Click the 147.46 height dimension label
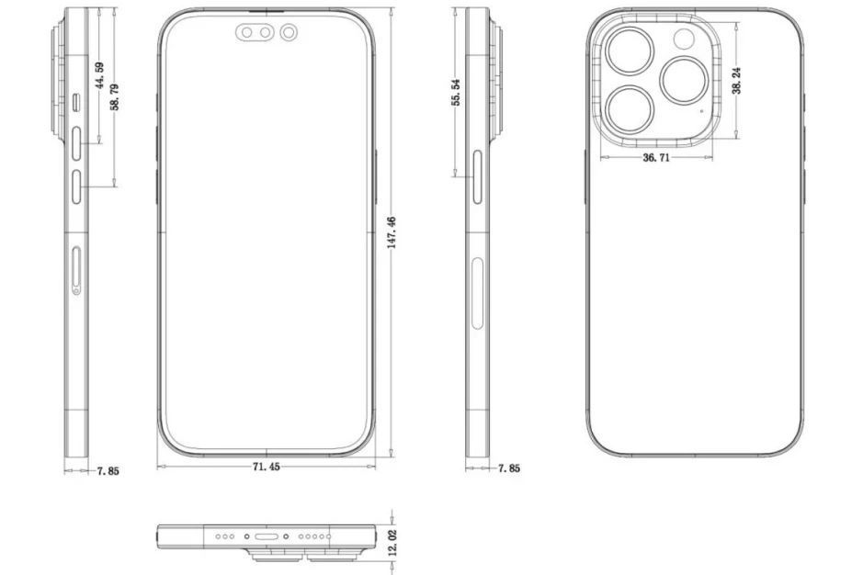[392, 233]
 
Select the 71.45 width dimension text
[267, 468]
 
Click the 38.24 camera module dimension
[737, 83]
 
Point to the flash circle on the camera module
[684, 39]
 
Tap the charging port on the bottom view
[267, 536]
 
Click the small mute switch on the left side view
[77, 101]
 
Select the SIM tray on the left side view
[75, 266]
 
